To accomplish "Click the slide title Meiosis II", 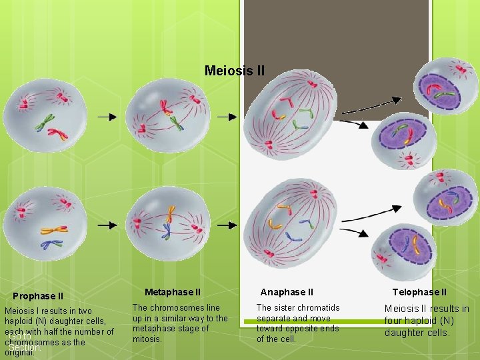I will [235, 70].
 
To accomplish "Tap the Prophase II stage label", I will [38, 296].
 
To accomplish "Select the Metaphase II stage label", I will [172, 292].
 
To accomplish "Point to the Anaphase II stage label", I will [287, 292].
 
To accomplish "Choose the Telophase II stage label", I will [419, 292].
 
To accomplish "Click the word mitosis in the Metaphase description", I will [147, 339].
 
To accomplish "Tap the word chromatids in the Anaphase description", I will [319, 308].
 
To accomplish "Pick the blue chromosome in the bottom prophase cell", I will [51, 245].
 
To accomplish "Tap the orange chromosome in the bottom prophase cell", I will [54, 230].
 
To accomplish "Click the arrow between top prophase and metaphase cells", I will [107, 117].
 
